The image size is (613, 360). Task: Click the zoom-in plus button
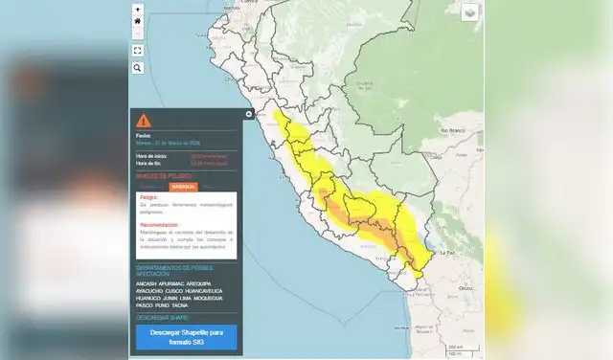pos(138,9)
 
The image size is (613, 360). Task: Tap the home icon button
pos(138,21)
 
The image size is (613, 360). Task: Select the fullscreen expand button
pos(138,50)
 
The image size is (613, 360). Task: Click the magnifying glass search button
pos(138,68)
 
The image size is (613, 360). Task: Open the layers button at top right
pos(469,12)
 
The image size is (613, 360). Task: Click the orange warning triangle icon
pos(143,121)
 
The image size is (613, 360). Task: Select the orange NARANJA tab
pos(183,187)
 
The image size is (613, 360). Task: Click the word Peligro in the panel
pos(148,197)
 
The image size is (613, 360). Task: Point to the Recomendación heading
pos(159,225)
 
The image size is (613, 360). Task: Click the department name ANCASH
pos(148,284)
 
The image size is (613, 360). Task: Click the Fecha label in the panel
pos(144,136)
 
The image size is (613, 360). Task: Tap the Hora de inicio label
pos(153,155)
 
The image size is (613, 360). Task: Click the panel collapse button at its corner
pos(248,114)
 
